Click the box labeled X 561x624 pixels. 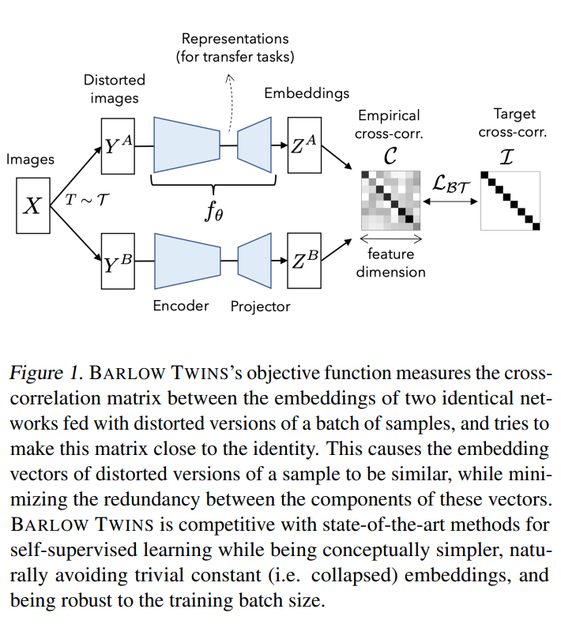(32, 206)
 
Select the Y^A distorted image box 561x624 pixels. (118, 145)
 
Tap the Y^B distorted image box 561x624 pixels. (118, 261)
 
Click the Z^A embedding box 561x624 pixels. (304, 145)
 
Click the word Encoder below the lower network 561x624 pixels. (181, 306)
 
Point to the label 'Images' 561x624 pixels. (30, 160)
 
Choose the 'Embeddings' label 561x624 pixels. (307, 93)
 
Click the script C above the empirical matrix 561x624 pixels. (390, 156)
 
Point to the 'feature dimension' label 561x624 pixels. (390, 263)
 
